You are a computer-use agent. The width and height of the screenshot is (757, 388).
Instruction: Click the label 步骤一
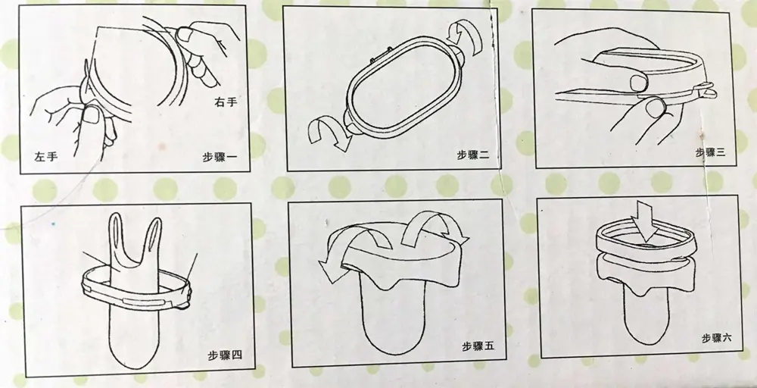tap(220, 157)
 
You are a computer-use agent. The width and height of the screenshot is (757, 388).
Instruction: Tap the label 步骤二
tap(473, 155)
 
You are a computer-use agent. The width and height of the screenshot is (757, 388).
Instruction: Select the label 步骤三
tap(710, 152)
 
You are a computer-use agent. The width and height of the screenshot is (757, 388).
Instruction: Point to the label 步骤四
tap(225, 355)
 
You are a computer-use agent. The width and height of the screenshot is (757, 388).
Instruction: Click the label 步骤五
tap(478, 346)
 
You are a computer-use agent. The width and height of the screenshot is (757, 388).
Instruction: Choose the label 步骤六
tap(716, 337)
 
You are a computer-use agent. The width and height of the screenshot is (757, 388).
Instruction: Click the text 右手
tap(226, 102)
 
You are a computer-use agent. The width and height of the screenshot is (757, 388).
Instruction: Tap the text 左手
tap(46, 157)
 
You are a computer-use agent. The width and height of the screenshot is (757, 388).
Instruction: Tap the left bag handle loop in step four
tap(116, 236)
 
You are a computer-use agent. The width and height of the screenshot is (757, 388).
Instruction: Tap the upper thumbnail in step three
tap(640, 83)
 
